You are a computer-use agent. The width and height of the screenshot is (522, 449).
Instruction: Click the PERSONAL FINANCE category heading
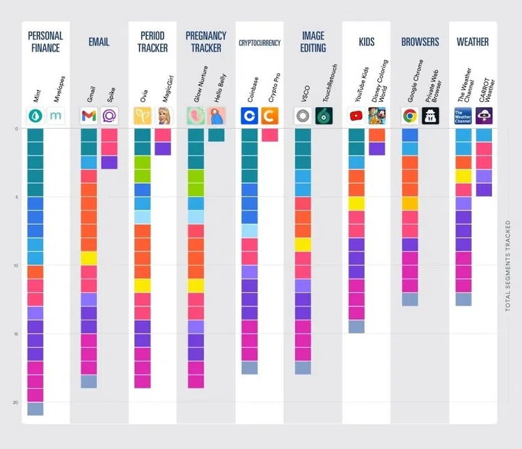click(45, 42)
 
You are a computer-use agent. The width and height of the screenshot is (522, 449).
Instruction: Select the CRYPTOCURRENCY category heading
click(259, 42)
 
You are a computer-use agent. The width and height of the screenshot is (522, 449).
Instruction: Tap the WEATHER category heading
click(473, 42)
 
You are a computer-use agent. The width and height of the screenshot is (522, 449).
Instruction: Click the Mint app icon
click(35, 116)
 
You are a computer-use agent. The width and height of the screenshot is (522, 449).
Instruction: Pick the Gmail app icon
click(88, 116)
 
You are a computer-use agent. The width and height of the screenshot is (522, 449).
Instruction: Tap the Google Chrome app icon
click(410, 116)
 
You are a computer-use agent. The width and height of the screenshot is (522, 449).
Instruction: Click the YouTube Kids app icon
click(356, 116)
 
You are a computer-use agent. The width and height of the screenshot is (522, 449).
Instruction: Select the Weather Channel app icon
click(463, 116)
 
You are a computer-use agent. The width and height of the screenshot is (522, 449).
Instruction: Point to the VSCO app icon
click(303, 116)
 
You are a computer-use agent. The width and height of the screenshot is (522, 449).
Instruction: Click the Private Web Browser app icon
click(430, 116)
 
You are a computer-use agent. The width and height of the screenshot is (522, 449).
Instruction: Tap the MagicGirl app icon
click(162, 116)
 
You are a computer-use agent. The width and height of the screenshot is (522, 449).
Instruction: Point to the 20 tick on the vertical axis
click(15, 402)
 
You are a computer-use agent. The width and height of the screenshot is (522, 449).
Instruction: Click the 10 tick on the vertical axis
click(15, 265)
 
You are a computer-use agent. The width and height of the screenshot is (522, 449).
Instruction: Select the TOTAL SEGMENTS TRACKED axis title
click(508, 265)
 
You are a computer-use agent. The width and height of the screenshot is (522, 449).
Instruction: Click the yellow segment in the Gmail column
click(88, 258)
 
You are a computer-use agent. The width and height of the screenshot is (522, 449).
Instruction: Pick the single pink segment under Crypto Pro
click(270, 135)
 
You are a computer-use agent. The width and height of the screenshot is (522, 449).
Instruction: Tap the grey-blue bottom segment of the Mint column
click(35, 409)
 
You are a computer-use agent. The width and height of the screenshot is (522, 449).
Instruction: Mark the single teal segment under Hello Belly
click(216, 135)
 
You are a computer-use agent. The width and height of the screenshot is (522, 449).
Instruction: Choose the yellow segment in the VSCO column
click(303, 244)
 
